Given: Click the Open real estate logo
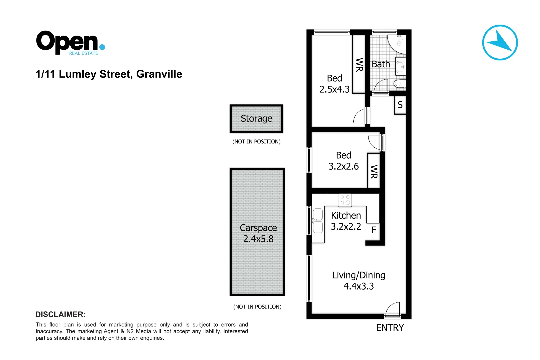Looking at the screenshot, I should pos(70,42).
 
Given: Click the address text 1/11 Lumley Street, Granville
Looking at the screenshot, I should pos(109,74).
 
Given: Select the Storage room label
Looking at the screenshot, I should pos(256,118).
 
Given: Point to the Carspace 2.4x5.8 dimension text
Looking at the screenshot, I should pos(258,239).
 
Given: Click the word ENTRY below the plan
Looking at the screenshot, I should pos(390,328).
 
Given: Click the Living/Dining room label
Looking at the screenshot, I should pos(359,275).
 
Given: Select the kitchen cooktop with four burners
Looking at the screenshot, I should pos(345,200).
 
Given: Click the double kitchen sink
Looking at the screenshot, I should pos(318,221).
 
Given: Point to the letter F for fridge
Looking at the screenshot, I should pos(374,230).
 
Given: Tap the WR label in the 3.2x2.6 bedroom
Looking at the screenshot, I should pos(374,172).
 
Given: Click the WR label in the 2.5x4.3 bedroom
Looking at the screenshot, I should pos(359,65).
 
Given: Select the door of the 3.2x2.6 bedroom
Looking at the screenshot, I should pos(376,142).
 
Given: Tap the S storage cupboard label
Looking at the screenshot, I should pos(400,105).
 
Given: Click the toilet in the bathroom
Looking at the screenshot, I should pos(399,83).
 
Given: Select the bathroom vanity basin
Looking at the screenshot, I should pos(401,67).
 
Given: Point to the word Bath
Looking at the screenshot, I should pos(381,64).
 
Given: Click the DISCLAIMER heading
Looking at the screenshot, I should pos(60,314).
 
